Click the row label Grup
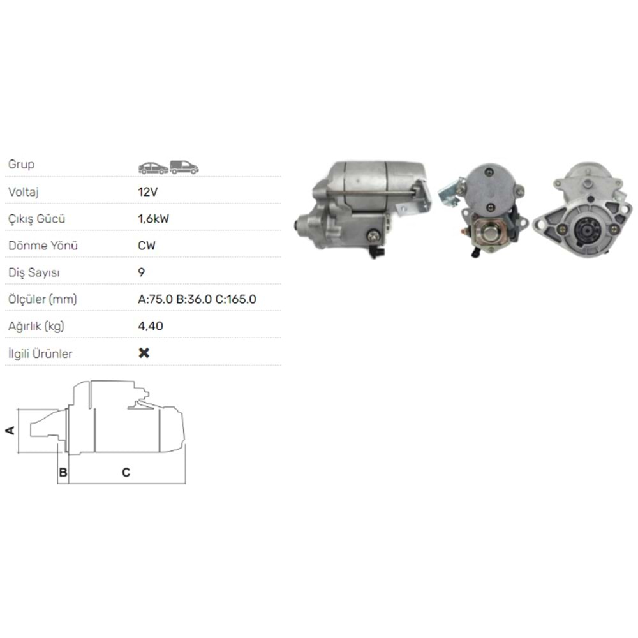[21, 165]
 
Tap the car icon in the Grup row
[153, 168]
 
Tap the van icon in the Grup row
[184, 167]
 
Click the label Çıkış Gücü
[37, 219]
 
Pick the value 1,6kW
[154, 219]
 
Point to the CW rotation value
[147, 246]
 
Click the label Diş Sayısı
[34, 272]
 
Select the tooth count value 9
[142, 272]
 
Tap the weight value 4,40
[151, 326]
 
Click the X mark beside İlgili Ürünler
[144, 353]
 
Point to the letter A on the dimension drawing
[10, 431]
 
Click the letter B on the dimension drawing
[63, 473]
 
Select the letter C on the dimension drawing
[126, 473]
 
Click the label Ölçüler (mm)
[43, 299]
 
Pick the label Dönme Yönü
[38, 246]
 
